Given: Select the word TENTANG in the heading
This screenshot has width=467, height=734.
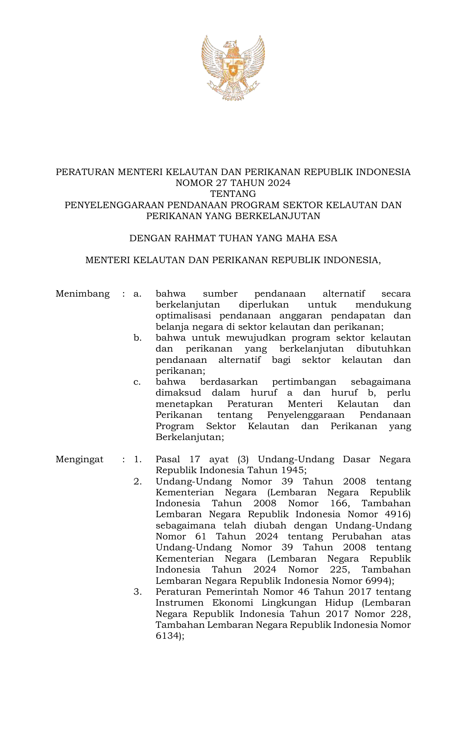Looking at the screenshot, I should pos(233,194).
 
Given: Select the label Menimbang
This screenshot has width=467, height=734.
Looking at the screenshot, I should pos(82,294).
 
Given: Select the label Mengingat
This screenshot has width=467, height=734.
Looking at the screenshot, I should pos(79,460).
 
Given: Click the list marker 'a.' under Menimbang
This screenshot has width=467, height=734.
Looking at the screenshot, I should pos(137,294).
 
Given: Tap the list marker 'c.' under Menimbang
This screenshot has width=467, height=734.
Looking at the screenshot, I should pos(137,382).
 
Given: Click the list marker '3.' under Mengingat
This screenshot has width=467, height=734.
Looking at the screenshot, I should pos(138,592).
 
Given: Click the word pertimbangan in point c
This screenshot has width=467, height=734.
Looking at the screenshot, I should pos(304,382).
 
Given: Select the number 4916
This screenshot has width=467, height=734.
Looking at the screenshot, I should pos(395,515).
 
